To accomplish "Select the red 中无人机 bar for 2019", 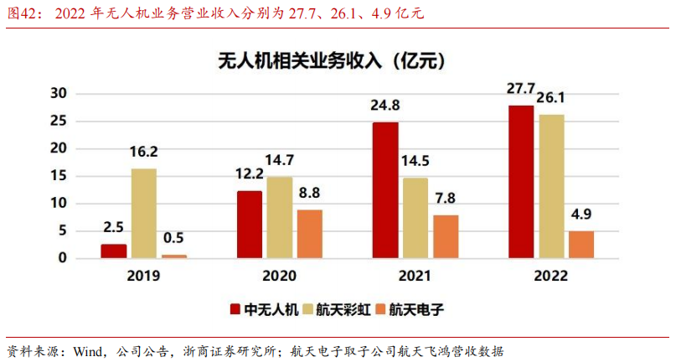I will tap(113, 251).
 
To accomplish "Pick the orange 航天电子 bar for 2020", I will tap(309, 233).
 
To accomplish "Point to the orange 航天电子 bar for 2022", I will tap(581, 244).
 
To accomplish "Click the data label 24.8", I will tap(385, 106).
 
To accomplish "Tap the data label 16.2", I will tap(143, 153).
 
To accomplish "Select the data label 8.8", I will tap(309, 193).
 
